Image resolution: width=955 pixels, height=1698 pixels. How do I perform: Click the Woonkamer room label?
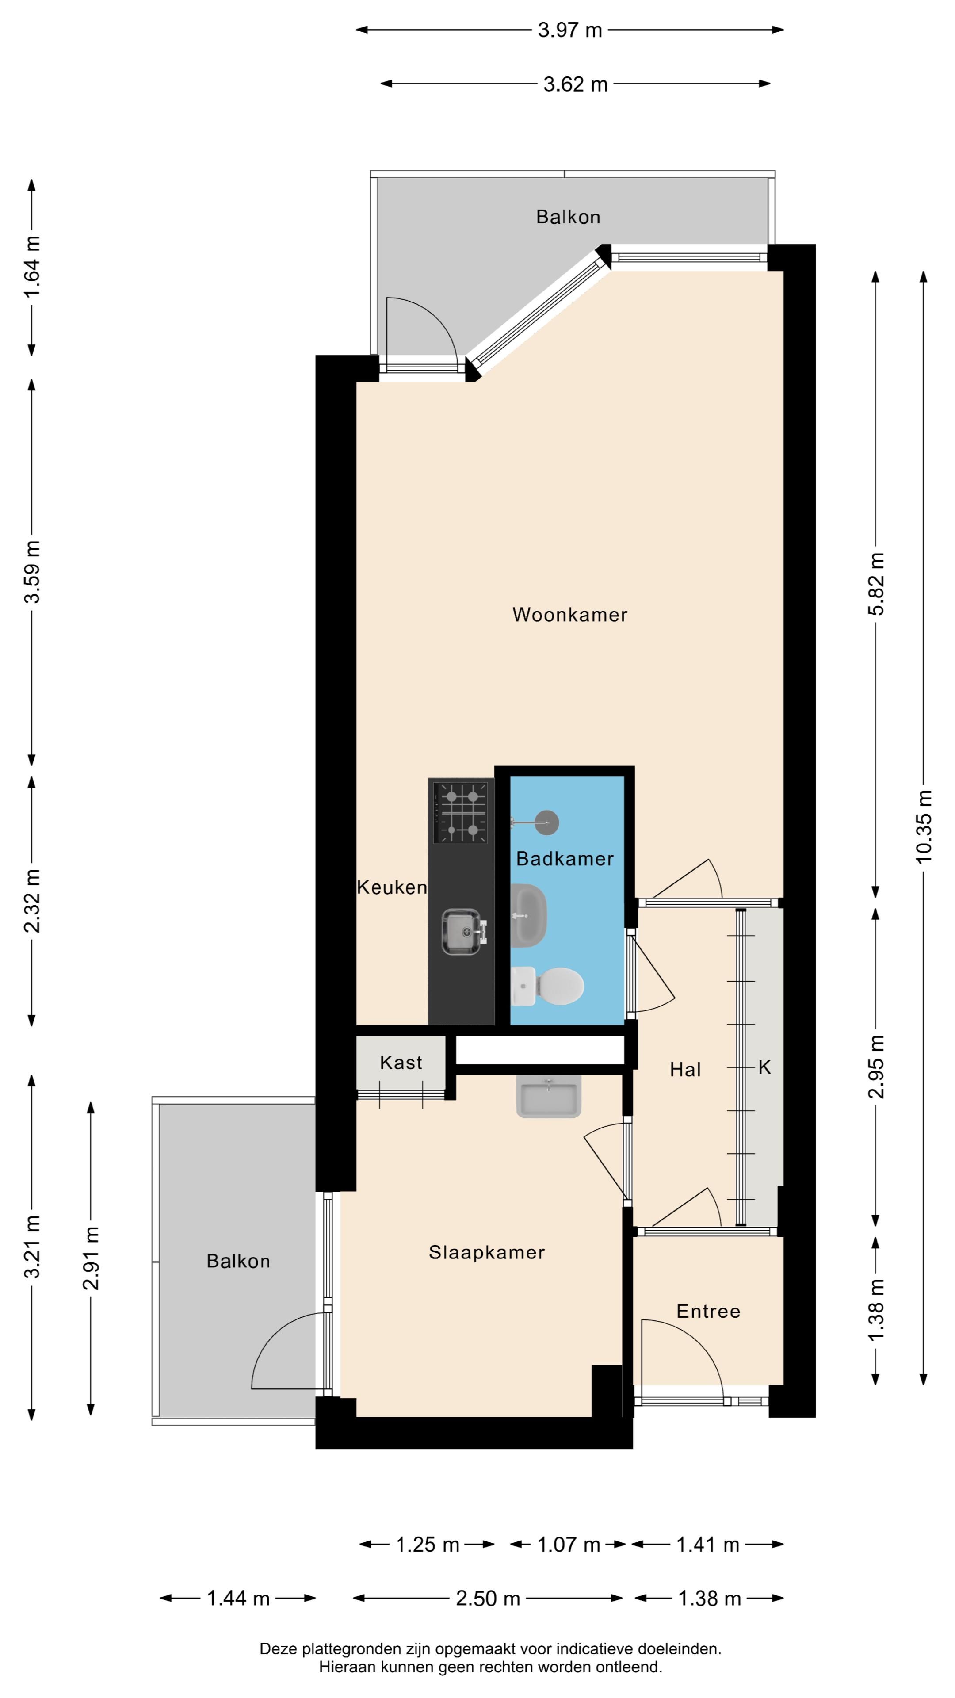[569, 615]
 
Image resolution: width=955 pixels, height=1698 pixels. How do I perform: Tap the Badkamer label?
[565, 858]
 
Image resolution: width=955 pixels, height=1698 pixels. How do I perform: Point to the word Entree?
[708, 1311]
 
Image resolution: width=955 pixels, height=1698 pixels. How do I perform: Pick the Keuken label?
[392, 887]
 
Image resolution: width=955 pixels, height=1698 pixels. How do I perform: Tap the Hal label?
[685, 1070]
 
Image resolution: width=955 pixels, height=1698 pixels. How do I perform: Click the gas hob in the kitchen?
[461, 812]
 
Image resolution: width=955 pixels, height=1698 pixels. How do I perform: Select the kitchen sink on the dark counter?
[465, 931]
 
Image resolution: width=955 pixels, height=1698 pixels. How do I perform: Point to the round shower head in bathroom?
[546, 822]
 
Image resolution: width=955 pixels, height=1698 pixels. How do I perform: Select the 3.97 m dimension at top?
[570, 31]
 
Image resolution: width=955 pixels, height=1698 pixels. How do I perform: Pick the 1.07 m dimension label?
[569, 1545]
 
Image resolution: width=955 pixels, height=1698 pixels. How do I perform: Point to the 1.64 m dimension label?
[32, 267]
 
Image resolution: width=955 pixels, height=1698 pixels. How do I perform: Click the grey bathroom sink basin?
[529, 916]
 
